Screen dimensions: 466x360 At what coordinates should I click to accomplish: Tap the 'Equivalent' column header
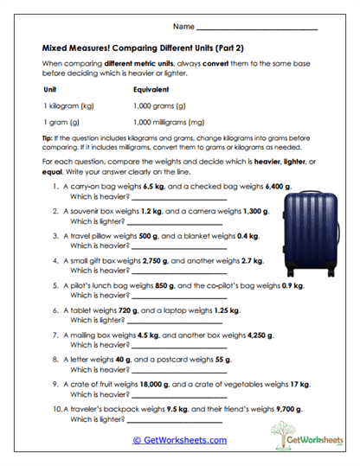coord(151,89)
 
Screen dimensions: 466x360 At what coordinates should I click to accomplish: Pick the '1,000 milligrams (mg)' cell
coord(169,122)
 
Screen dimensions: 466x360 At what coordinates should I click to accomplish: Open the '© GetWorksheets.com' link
coord(179,439)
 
